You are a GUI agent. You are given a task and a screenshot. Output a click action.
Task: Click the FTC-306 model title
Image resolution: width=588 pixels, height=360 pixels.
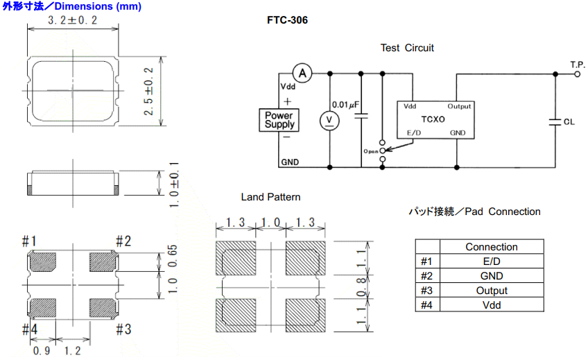(287, 20)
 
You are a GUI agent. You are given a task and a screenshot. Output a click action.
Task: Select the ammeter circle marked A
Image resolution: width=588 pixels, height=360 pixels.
(302, 72)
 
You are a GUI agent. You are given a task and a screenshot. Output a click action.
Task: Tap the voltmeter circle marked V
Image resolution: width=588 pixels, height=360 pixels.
(329, 121)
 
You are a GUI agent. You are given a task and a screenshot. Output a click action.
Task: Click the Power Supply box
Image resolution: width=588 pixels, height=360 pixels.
(279, 120)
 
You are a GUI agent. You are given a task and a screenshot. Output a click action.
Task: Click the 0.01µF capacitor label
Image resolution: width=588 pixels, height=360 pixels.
(345, 105)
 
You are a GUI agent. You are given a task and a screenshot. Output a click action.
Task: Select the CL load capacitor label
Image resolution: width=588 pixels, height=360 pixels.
(569, 121)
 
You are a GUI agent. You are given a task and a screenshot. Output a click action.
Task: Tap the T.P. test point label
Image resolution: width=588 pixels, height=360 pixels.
(578, 64)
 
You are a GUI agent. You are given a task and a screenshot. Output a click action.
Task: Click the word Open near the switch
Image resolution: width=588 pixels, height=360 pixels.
(370, 151)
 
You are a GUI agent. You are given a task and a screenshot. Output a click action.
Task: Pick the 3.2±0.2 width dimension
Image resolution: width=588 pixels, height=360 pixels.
(72, 21)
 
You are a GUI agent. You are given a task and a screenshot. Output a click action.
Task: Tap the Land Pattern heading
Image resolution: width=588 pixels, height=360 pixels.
(270, 197)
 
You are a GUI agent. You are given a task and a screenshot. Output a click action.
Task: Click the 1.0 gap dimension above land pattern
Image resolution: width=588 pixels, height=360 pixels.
(270, 223)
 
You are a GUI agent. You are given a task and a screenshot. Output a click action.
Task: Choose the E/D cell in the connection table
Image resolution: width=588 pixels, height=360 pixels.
(491, 262)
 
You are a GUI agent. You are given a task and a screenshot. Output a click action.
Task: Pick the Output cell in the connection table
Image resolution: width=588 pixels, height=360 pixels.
(491, 291)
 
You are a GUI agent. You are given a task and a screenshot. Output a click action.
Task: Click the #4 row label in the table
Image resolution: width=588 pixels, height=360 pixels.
(426, 305)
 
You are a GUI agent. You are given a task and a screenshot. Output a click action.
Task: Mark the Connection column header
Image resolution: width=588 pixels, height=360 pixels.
(491, 247)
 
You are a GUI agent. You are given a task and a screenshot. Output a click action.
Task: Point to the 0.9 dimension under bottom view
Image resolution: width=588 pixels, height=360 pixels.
(42, 350)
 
